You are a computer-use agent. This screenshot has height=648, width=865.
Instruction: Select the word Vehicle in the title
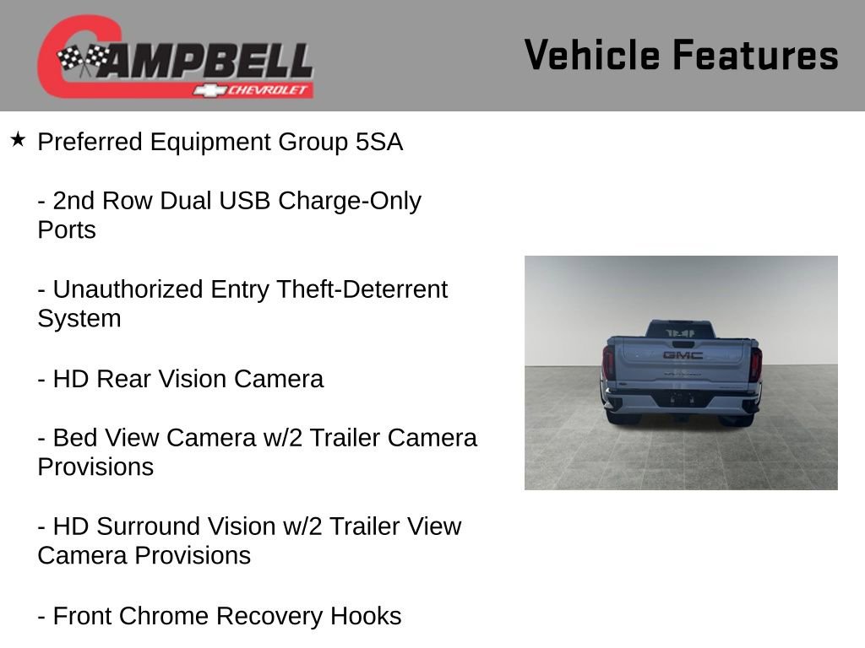tap(591, 56)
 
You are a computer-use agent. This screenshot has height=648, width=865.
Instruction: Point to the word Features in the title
tap(755, 56)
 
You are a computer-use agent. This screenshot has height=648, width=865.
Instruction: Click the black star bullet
tap(18, 139)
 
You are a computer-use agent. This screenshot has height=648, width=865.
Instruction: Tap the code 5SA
tap(379, 143)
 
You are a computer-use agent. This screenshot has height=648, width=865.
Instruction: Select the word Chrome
tap(165, 616)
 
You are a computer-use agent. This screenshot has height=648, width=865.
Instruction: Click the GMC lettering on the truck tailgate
tap(683, 355)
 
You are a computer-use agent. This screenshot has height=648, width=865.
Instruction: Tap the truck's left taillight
tap(608, 364)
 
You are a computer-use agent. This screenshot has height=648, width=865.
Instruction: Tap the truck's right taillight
tap(755, 364)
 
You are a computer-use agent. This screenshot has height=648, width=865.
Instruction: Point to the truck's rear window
tap(681, 331)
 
